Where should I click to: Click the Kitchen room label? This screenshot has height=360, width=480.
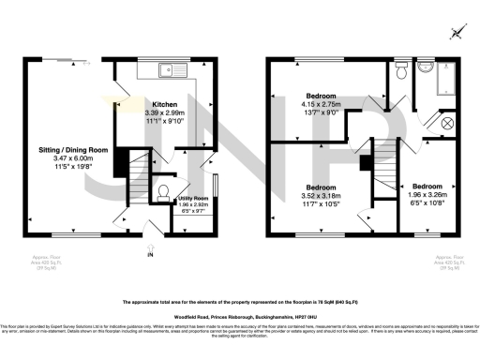(165, 105)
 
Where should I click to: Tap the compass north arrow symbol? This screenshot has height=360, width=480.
(457, 32)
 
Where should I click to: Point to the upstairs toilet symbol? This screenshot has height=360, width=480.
(400, 70)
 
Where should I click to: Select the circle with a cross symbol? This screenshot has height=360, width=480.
(446, 123)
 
